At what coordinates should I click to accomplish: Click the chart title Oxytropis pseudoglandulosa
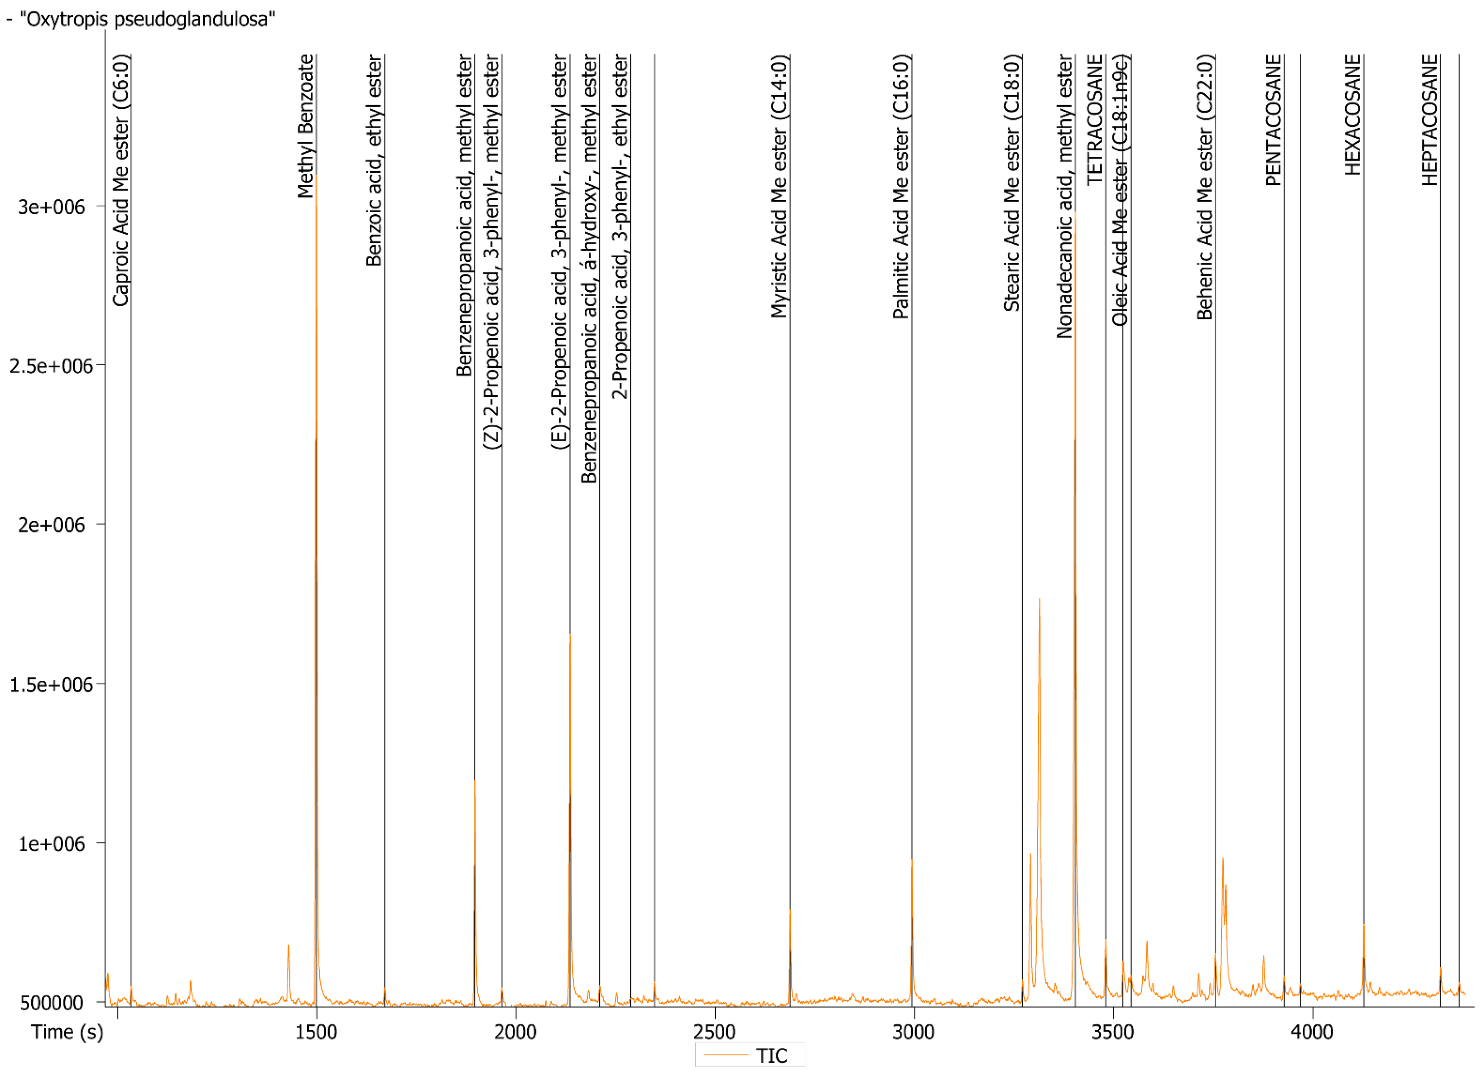(x=147, y=19)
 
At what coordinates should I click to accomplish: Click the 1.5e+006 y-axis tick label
(x=51, y=684)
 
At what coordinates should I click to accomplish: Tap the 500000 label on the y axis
(x=51, y=1002)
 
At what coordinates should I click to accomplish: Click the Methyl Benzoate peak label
(x=305, y=126)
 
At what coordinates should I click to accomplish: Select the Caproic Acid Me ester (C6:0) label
(x=121, y=180)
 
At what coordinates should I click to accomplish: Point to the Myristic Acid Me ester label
(x=779, y=186)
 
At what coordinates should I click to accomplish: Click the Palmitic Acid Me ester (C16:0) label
(x=901, y=186)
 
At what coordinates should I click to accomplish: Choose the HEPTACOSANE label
(x=1430, y=120)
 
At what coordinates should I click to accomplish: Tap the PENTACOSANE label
(x=1273, y=120)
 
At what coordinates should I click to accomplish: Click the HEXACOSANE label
(x=1352, y=114)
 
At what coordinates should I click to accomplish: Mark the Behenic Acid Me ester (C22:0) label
(x=1204, y=186)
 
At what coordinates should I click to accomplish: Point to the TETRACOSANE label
(x=1095, y=120)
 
